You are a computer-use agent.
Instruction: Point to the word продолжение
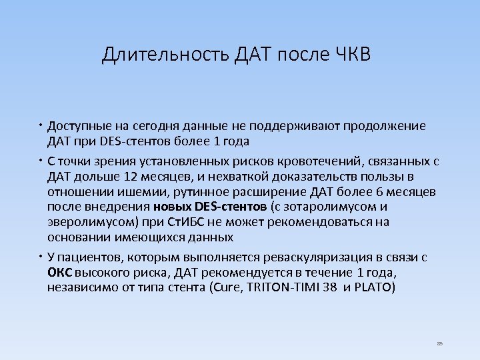point(376,126)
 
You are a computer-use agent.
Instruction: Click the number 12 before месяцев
point(131,177)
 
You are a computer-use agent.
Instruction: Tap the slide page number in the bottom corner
point(439,343)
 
